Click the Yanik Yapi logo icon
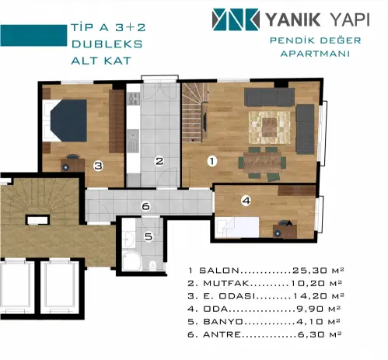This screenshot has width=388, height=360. (x=236, y=19)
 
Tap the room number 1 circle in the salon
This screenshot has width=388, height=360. (x=212, y=161)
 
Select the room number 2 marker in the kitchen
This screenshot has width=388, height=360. (x=159, y=161)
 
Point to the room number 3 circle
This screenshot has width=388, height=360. (x=99, y=166)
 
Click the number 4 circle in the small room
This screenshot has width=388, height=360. (x=246, y=201)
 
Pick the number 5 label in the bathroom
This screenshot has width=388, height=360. (x=149, y=236)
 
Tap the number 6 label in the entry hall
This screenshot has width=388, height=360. (x=145, y=206)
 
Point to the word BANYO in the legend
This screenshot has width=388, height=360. (x=223, y=322)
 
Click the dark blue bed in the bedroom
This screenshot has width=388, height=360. (x=68, y=121)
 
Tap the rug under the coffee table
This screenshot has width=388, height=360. (x=269, y=128)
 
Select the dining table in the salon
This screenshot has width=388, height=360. (x=262, y=163)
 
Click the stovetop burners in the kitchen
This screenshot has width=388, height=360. (x=134, y=99)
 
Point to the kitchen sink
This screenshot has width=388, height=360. (x=133, y=142)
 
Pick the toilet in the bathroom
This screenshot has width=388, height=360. (x=152, y=264)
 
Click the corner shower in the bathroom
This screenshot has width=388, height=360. (x=131, y=260)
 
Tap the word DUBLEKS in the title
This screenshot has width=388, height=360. (x=107, y=44)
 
